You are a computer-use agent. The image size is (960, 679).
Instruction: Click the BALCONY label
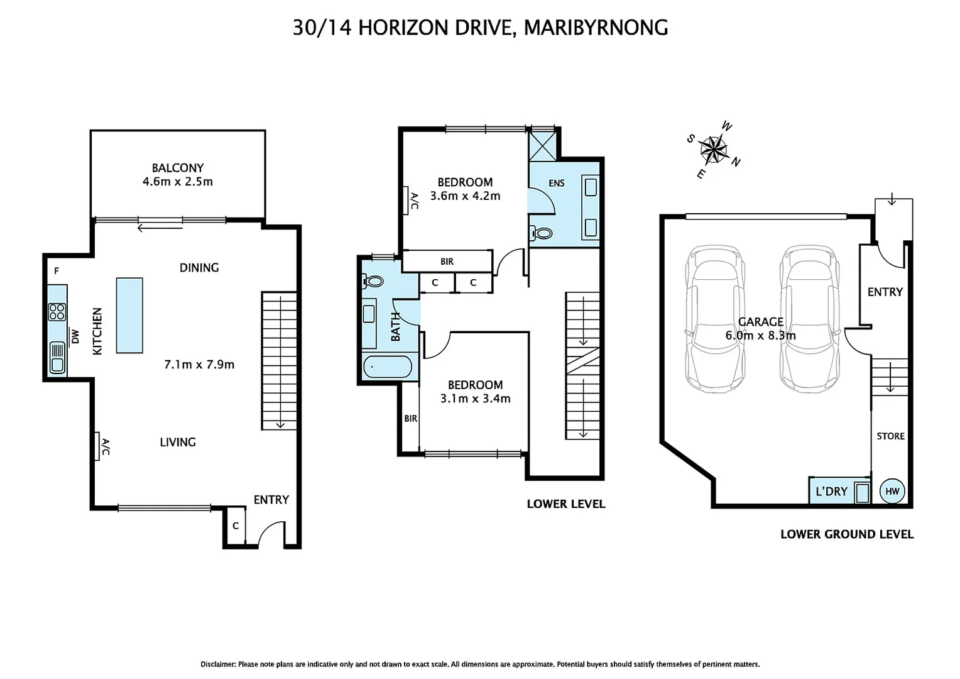(x=177, y=168)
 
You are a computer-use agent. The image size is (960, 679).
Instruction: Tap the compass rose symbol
(x=713, y=150)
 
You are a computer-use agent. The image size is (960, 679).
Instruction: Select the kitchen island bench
(x=129, y=315)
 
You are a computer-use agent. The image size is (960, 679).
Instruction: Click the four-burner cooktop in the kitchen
(x=57, y=312)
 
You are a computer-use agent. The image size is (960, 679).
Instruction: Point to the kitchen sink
(x=57, y=357)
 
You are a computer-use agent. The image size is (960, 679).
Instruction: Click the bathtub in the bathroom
(x=387, y=367)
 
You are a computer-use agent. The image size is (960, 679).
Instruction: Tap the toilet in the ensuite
(x=541, y=233)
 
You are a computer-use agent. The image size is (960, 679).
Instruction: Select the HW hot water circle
(x=892, y=491)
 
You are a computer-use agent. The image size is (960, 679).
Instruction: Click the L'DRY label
(x=831, y=491)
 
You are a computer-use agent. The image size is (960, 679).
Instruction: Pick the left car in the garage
(x=716, y=318)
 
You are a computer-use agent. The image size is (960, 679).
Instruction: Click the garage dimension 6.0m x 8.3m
(x=760, y=336)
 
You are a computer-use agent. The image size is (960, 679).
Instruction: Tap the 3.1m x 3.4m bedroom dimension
(x=475, y=399)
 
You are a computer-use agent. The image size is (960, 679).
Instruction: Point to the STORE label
(x=890, y=436)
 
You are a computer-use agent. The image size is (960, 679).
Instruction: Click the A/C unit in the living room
(x=97, y=446)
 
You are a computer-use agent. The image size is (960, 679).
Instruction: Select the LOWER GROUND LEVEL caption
(x=846, y=534)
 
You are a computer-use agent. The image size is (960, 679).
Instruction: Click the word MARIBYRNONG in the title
(x=595, y=28)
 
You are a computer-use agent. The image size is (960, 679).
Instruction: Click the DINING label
(x=199, y=268)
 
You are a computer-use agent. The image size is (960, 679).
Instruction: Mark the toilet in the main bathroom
(x=374, y=281)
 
